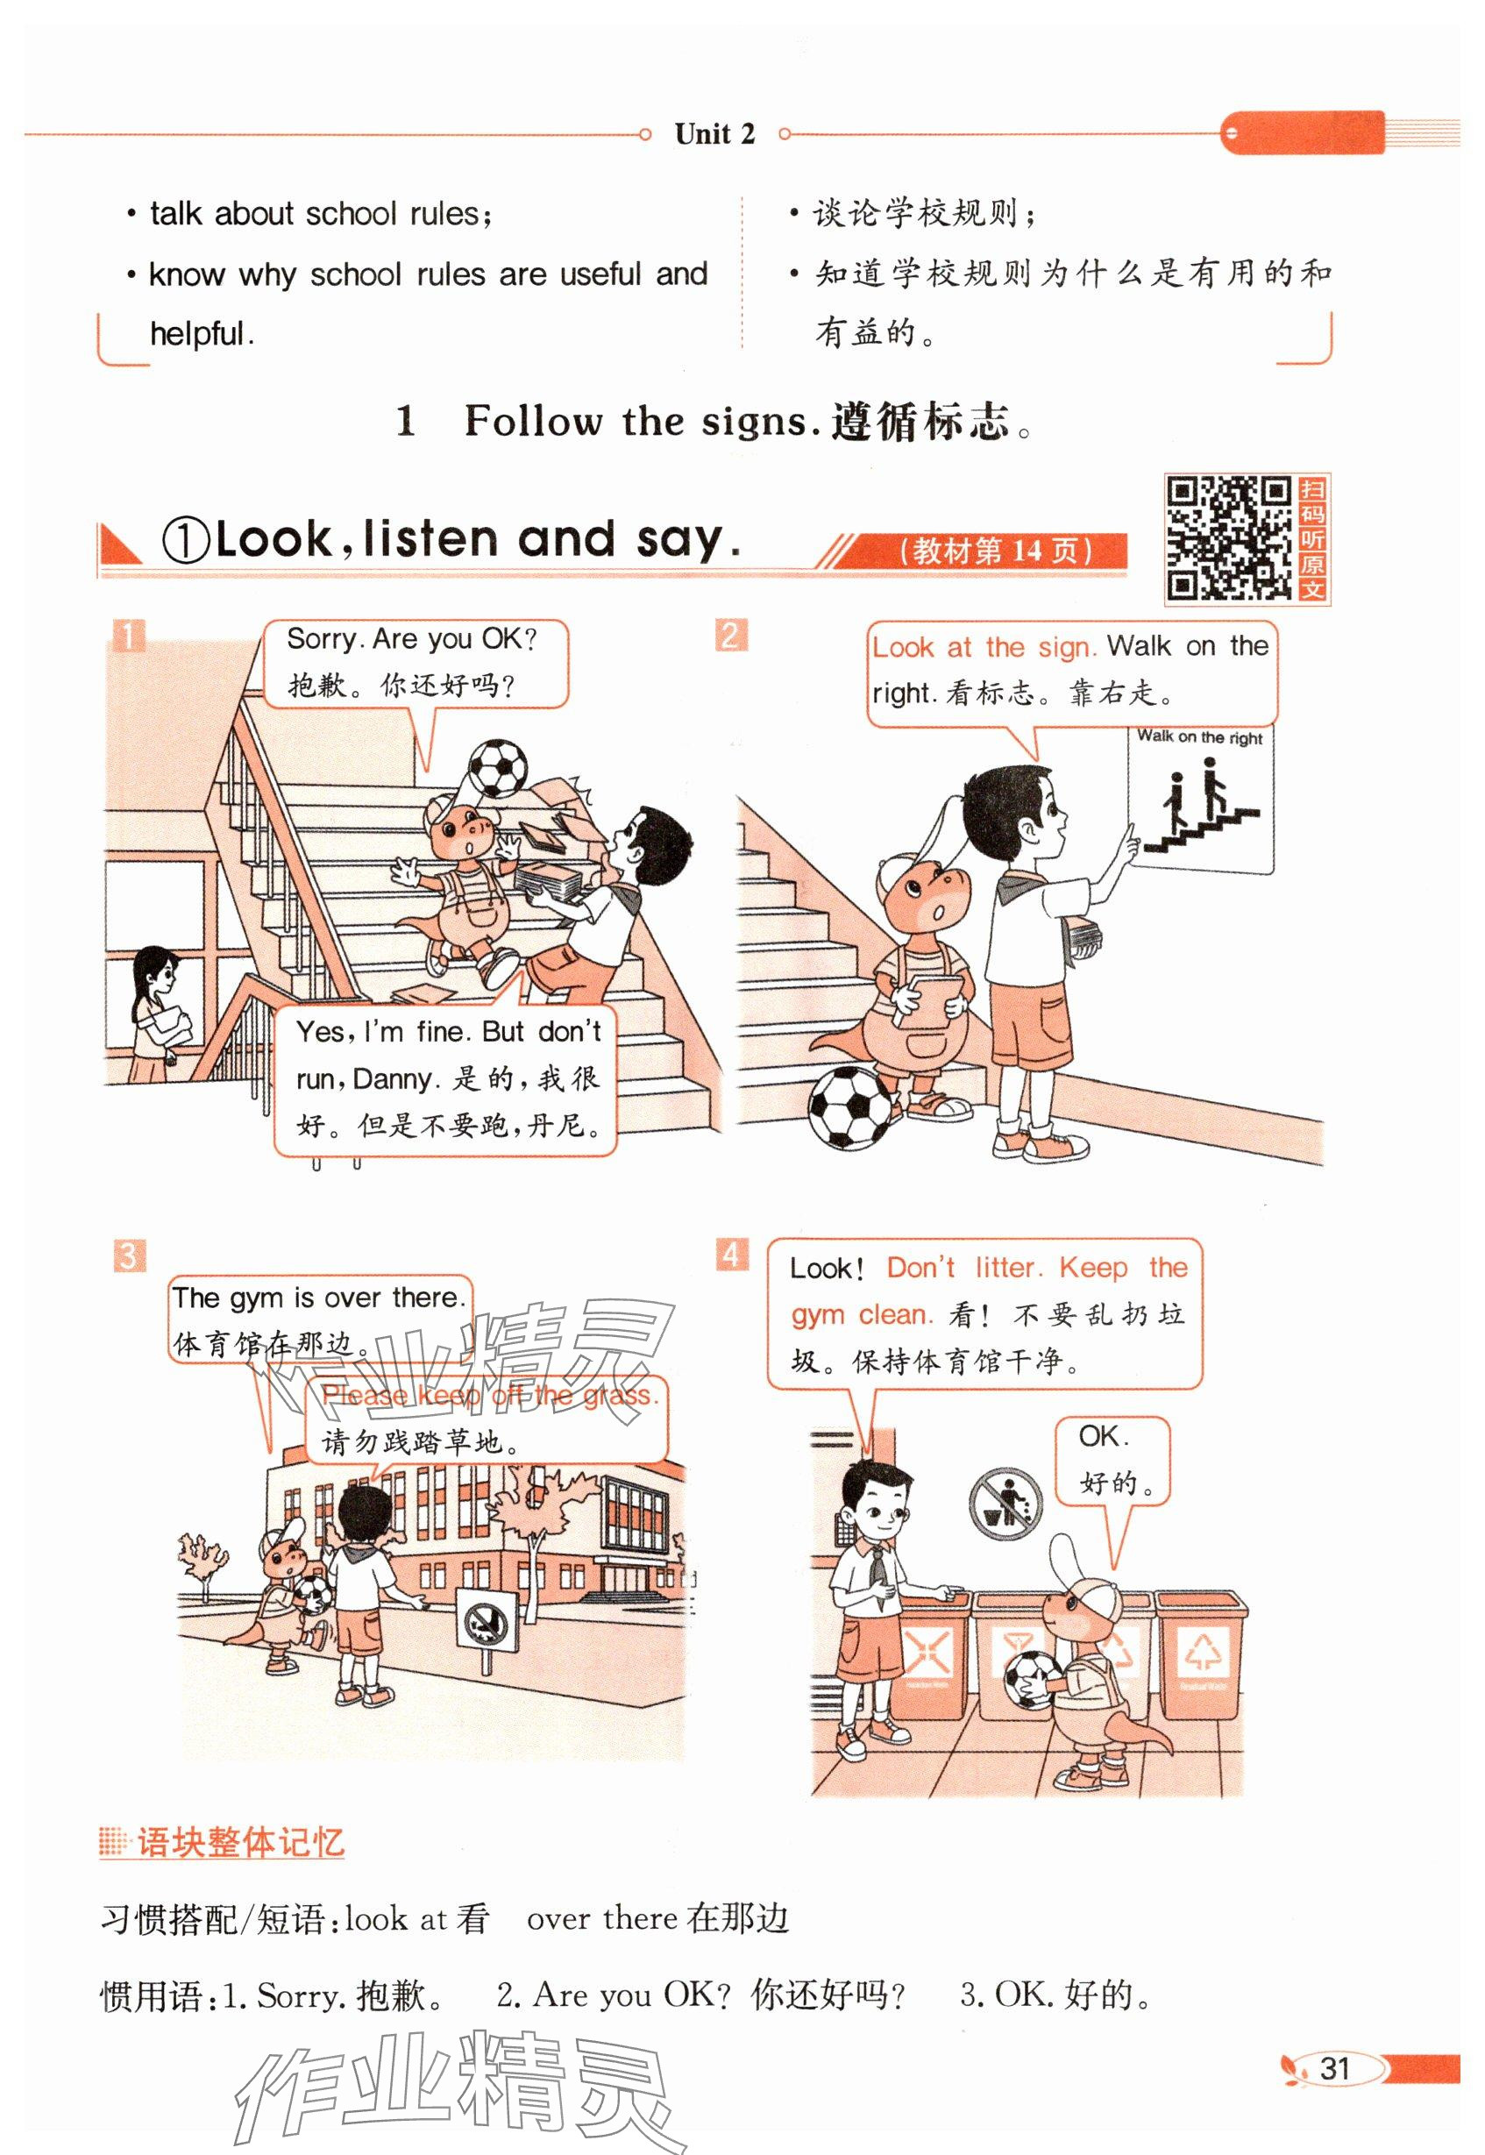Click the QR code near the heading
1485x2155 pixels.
[1228, 538]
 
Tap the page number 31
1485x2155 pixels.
[1334, 2068]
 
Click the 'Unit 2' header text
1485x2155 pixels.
[714, 134]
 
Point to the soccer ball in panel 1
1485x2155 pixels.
[498, 768]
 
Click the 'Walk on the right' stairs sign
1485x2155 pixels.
[1201, 800]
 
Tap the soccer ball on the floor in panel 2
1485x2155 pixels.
[852, 1108]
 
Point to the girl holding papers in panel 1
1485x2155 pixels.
[158, 1014]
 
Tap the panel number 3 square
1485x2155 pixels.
[128, 1256]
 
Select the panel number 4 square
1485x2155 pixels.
[731, 1255]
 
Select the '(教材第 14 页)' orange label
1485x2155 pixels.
[994, 551]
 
